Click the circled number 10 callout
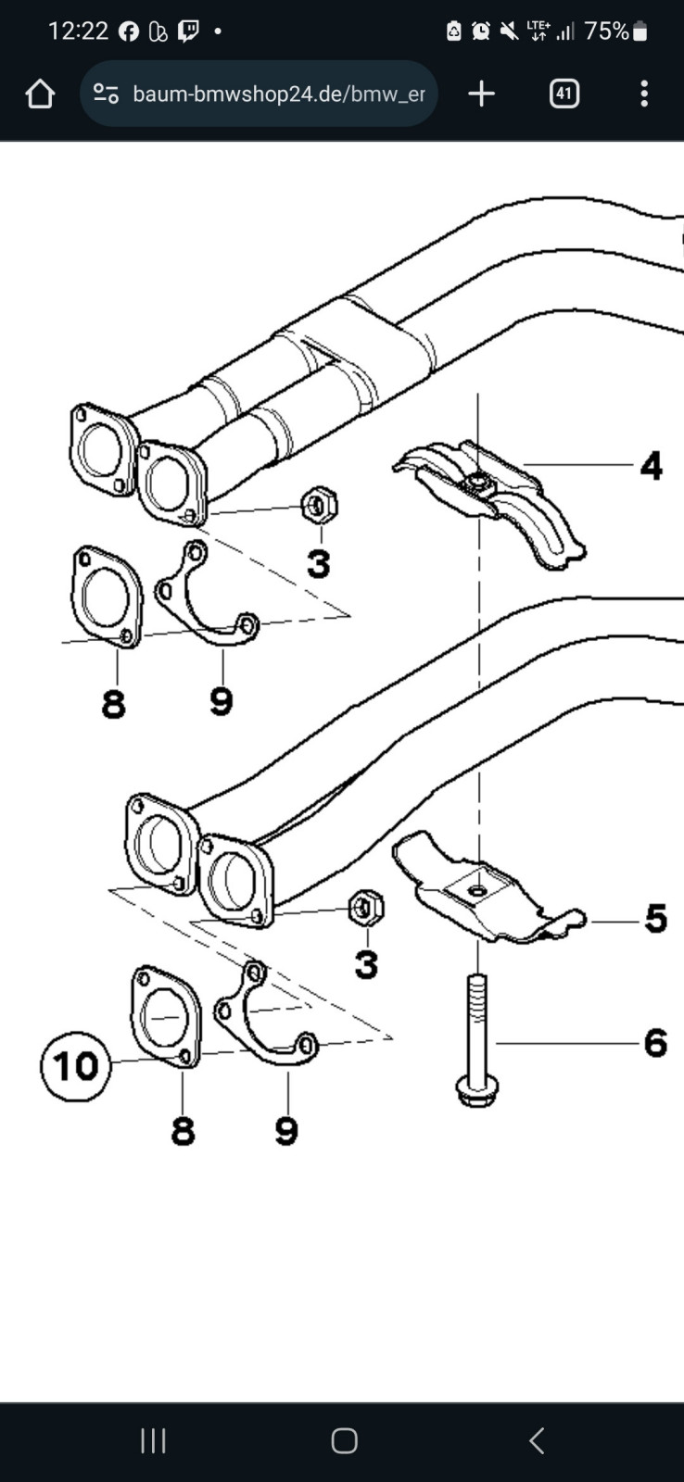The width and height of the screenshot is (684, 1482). coord(76,1066)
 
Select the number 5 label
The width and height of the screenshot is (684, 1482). coord(655,919)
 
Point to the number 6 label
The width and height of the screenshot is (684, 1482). coord(655,1043)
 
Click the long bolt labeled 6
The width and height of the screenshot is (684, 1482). coord(476,1038)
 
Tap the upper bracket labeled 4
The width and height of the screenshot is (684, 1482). coord(490,503)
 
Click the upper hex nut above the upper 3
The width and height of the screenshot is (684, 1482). coord(319,506)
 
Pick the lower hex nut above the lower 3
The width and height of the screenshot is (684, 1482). coord(366,909)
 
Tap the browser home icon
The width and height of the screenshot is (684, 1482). coord(40,94)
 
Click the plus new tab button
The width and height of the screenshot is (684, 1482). coord(481,94)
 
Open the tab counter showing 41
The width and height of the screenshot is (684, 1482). coord(564,94)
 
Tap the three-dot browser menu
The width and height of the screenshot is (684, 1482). coord(644,94)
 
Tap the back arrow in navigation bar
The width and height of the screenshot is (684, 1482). coord(537,1440)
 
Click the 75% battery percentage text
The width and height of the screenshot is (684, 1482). coord(606,31)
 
